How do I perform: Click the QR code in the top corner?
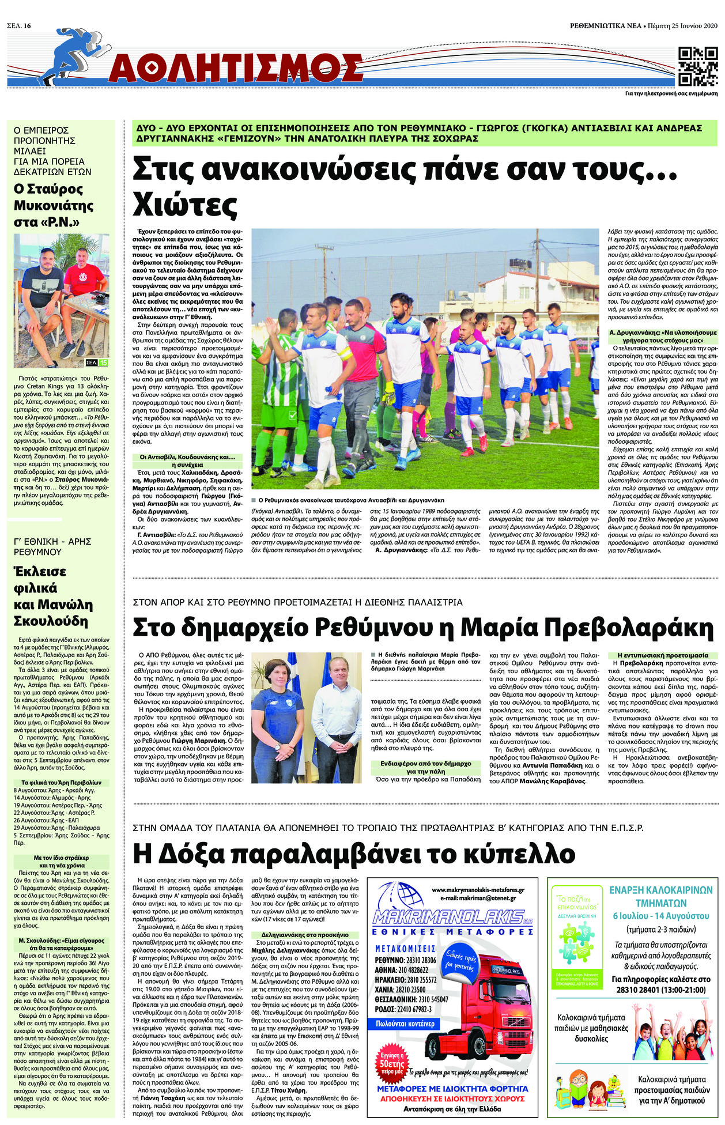click(x=698, y=66)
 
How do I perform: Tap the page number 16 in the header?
click(x=27, y=10)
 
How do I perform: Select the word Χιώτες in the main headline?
click(x=178, y=203)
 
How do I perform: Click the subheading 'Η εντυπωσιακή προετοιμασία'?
click(x=663, y=655)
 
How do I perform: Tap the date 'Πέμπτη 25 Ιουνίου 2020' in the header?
click(x=682, y=10)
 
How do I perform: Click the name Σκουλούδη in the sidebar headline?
click(x=51, y=621)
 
